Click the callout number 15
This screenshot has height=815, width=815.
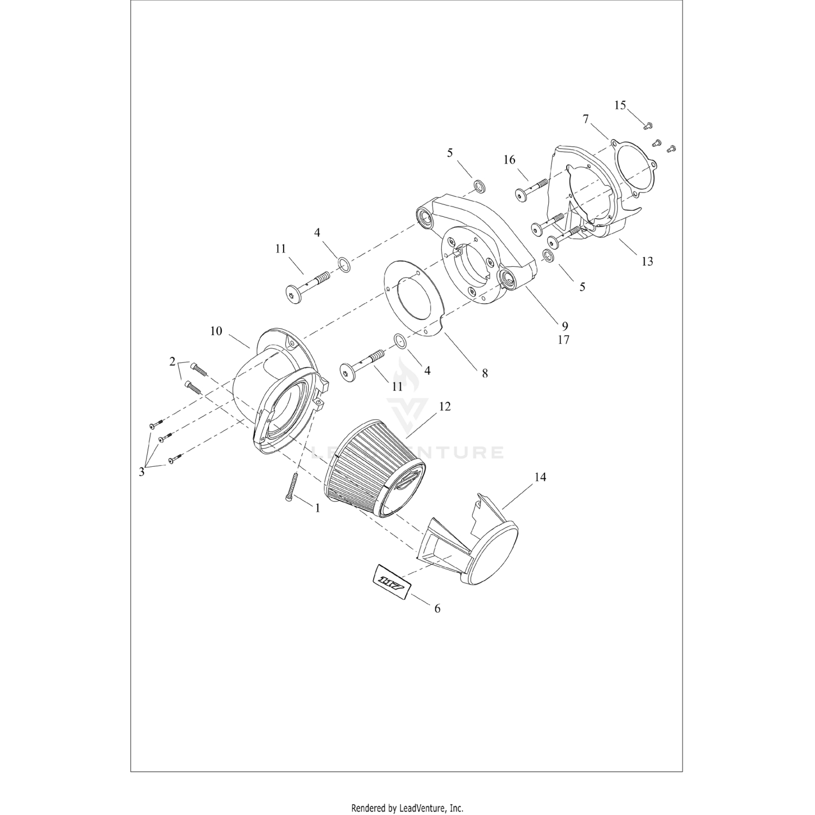click(620, 105)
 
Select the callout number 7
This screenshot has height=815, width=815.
click(586, 118)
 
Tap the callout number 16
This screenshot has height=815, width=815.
click(509, 160)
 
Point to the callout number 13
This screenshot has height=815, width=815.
click(647, 261)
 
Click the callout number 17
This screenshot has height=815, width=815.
click(563, 340)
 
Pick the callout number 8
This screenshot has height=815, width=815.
click(485, 373)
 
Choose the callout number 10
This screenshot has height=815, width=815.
click(216, 331)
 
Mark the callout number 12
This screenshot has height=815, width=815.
click(445, 406)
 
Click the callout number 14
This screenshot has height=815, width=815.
click(540, 477)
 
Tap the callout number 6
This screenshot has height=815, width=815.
click(437, 609)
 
